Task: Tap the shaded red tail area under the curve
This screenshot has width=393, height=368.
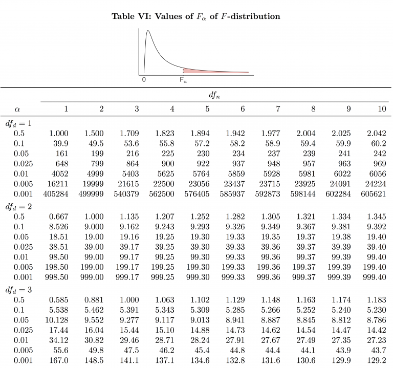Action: (x=205, y=71)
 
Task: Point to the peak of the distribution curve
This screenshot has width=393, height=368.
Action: (x=149, y=31)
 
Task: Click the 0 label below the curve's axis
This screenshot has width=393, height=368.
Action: (x=144, y=80)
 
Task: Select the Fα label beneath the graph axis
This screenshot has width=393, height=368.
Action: (x=183, y=80)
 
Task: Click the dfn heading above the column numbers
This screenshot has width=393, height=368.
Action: (x=214, y=95)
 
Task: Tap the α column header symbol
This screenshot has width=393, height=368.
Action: (x=17, y=109)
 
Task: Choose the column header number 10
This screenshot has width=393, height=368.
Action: (x=382, y=109)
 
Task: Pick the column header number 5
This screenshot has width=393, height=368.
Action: (x=207, y=109)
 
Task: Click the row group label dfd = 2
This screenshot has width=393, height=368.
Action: (x=18, y=206)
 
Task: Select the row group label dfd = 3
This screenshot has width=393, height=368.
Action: (x=18, y=290)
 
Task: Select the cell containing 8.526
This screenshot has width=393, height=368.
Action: (x=59, y=227)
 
